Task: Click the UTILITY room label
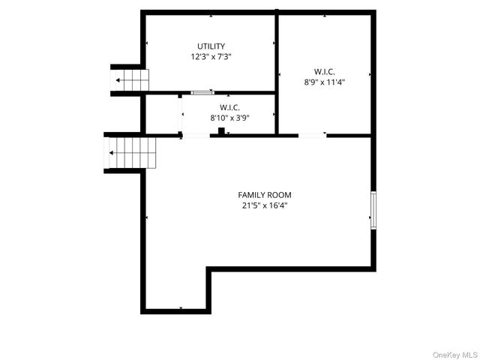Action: point(211,46)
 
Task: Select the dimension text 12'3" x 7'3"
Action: point(211,56)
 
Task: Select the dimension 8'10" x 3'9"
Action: point(229,117)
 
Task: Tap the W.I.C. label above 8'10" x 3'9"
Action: point(229,107)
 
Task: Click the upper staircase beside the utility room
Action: point(130,79)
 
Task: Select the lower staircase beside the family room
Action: point(130,153)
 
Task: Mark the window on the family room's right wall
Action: point(372,209)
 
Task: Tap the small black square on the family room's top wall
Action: point(221,131)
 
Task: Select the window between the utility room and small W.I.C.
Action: point(202,92)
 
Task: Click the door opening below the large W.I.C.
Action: point(312,135)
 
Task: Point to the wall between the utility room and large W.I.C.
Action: point(277,52)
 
